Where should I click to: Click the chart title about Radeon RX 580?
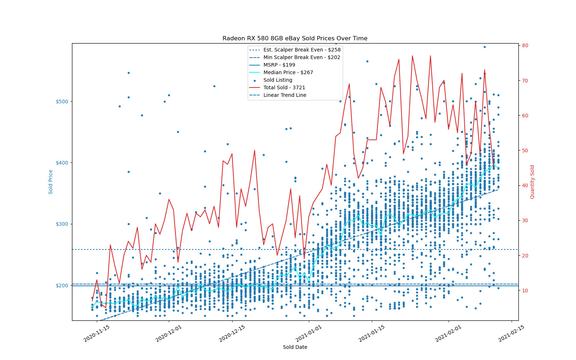pyautogui.click(x=295, y=39)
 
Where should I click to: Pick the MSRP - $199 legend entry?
pyautogui.click(x=279, y=65)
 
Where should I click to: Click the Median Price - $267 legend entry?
pyautogui.click(x=288, y=72)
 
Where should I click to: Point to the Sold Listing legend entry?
pyautogui.click(x=278, y=80)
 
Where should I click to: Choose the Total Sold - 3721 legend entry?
pyautogui.click(x=284, y=87)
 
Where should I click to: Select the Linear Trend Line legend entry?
pyautogui.click(x=285, y=95)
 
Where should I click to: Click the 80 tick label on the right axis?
pyautogui.click(x=525, y=45)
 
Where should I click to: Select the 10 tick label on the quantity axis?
pyautogui.click(x=525, y=291)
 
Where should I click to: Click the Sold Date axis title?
pyautogui.click(x=295, y=347)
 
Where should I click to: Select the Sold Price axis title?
pyautogui.click(x=51, y=182)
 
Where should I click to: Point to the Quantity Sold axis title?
pyautogui.click(x=532, y=182)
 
